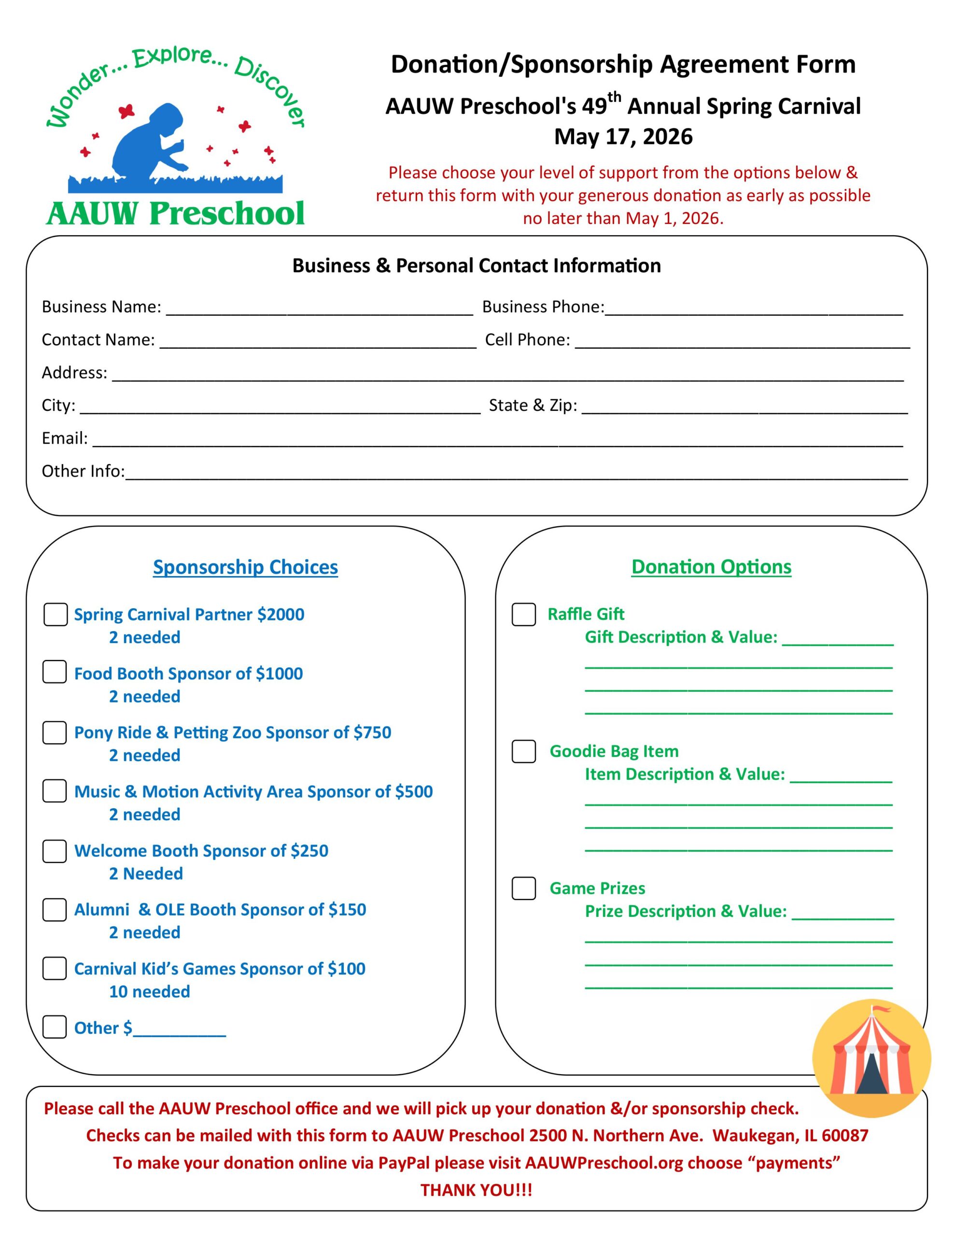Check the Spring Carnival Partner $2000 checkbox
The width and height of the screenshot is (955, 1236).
(x=56, y=615)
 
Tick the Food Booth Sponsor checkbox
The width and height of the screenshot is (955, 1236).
(x=55, y=672)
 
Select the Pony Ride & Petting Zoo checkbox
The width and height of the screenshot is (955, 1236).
(x=55, y=732)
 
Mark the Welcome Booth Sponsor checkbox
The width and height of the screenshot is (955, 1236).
(x=55, y=851)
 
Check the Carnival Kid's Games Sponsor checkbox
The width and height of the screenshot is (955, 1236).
(x=55, y=969)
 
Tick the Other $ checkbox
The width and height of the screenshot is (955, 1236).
(x=55, y=1026)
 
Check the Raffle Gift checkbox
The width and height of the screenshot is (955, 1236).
(x=524, y=615)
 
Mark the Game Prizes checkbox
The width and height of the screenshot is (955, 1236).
(x=524, y=888)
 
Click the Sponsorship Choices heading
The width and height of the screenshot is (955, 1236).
(x=246, y=567)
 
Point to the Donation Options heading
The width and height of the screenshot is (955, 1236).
(x=711, y=567)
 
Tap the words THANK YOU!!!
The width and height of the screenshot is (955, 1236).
(x=476, y=1190)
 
